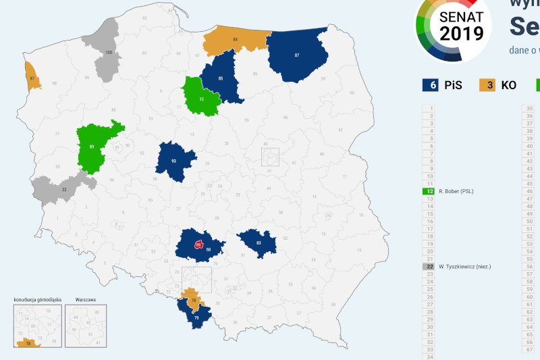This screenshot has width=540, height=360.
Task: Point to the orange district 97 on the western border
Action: pyautogui.click(x=32, y=78)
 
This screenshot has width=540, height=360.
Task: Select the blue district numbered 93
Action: pyautogui.click(x=174, y=161)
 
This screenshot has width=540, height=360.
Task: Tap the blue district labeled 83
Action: pyautogui.click(x=259, y=242)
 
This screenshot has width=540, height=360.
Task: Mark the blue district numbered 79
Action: pyautogui.click(x=196, y=316)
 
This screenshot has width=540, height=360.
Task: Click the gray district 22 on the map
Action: pyautogui.click(x=63, y=189)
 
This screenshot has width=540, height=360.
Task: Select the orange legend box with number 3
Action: pyautogui.click(x=487, y=85)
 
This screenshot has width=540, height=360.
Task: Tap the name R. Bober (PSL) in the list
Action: pyautogui.click(x=456, y=192)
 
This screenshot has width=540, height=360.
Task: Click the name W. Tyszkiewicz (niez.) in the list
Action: pyautogui.click(x=464, y=267)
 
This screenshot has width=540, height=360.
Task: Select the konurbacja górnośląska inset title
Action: pyautogui.click(x=37, y=298)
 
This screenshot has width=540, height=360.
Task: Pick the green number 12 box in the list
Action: pyautogui.click(x=428, y=192)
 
